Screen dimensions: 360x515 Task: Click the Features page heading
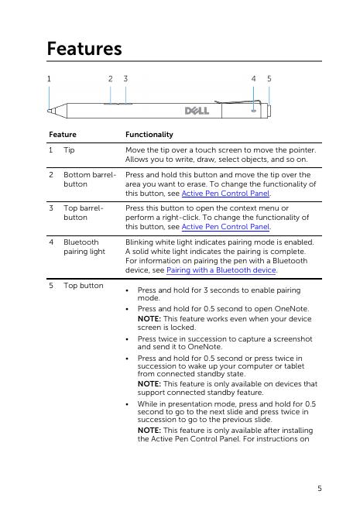[84, 49]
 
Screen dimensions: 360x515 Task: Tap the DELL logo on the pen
[197, 111]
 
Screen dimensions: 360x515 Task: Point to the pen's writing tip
[50, 111]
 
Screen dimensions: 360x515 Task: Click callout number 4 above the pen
[253, 79]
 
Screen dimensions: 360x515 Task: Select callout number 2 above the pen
[111, 79]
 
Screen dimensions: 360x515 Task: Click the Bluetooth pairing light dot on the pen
[254, 111]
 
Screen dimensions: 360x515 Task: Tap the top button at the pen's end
[269, 111]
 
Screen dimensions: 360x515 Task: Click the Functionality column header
[149, 134]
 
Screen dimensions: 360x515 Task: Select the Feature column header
[63, 134]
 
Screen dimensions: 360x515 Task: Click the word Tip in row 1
[69, 150]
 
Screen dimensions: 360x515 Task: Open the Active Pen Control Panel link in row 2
[225, 194]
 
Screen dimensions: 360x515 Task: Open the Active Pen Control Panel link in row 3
[225, 227]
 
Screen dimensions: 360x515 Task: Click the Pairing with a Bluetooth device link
[221, 270]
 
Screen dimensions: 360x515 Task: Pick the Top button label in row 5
[84, 286]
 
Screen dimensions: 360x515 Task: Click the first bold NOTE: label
[149, 319]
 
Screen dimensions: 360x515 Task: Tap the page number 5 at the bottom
[320, 489]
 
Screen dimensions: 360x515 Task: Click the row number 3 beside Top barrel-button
[51, 208]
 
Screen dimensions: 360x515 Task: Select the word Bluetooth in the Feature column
[81, 242]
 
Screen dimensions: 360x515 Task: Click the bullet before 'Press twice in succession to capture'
[127, 339]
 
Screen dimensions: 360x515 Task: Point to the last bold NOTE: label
[149, 431]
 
